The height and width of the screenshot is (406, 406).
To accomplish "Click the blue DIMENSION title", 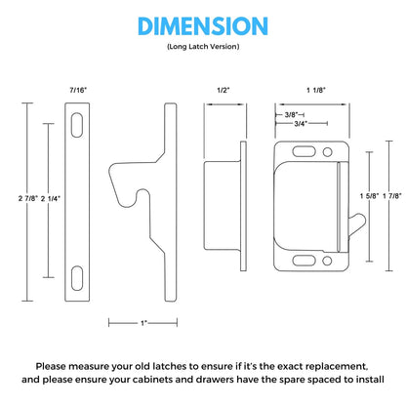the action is pyautogui.click(x=203, y=26).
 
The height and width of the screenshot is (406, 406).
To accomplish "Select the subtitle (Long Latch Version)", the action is pyautogui.click(x=203, y=47).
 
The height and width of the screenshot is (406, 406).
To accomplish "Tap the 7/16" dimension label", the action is pyautogui.click(x=78, y=90).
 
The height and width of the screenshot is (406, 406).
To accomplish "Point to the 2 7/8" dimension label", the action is pyautogui.click(x=28, y=198).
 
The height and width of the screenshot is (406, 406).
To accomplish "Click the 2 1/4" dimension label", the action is pyautogui.click(x=51, y=198).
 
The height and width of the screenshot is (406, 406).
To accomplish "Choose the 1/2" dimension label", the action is pyautogui.click(x=223, y=90).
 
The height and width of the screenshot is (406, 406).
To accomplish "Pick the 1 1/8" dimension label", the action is pyautogui.click(x=316, y=90).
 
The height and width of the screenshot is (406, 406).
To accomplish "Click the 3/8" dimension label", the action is pyautogui.click(x=291, y=115).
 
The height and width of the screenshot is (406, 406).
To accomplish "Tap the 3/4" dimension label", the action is pyautogui.click(x=301, y=124).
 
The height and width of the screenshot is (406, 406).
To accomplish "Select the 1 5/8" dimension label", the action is pyautogui.click(x=370, y=196).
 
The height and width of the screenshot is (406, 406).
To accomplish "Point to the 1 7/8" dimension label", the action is pyautogui.click(x=392, y=196).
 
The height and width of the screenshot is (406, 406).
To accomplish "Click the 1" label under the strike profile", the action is pyautogui.click(x=143, y=323).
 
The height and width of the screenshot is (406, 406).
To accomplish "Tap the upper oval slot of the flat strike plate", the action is pyautogui.click(x=77, y=125).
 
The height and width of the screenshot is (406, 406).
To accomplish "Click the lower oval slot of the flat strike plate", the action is pyautogui.click(x=77, y=278).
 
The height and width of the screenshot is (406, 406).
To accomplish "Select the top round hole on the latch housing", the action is pyautogui.click(x=327, y=152).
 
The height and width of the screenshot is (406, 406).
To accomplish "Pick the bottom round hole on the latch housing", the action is pyautogui.click(x=327, y=261).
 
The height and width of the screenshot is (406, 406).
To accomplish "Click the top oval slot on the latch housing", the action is pyautogui.click(x=304, y=151).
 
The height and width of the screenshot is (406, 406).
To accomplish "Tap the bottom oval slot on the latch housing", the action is pyautogui.click(x=304, y=261).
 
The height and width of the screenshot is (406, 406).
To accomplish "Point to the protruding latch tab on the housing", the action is pyautogui.click(x=357, y=223).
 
